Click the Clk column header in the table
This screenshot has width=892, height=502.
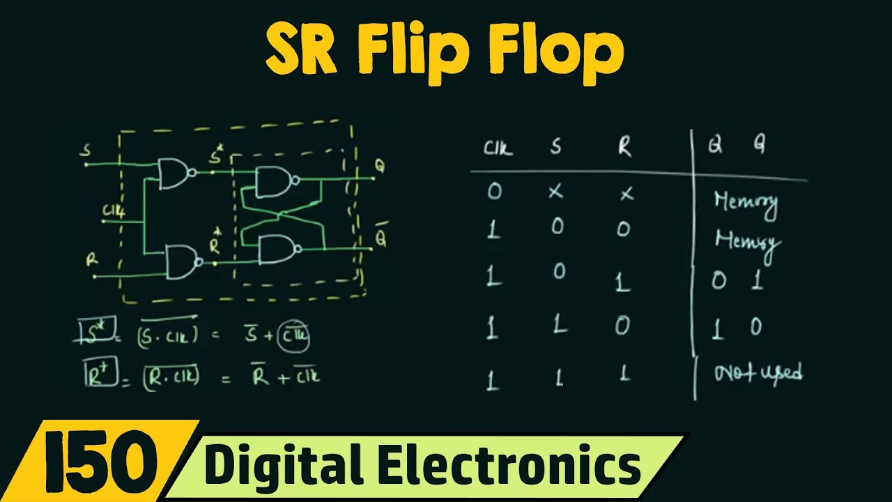(498, 149)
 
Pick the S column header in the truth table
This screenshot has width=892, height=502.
(555, 149)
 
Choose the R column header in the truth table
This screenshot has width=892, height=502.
(625, 147)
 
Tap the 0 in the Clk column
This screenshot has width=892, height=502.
(494, 191)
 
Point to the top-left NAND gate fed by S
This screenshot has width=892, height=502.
(174, 174)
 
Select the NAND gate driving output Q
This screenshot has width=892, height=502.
(274, 182)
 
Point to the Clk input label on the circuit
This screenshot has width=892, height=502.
(114, 211)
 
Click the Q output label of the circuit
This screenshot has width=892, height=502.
(380, 167)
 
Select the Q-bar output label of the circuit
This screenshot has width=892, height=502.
(380, 237)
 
